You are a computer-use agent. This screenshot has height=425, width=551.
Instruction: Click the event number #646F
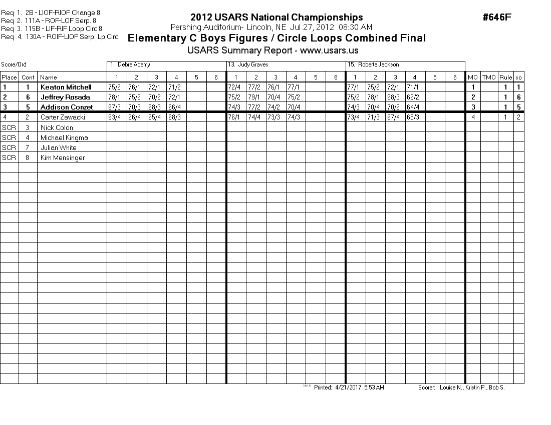pos(497,17)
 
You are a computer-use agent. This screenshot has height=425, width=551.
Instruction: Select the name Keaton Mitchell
pos(66,87)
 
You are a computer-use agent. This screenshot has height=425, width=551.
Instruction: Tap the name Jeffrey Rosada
pos(65,97)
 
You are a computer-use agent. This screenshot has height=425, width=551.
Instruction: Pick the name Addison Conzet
pos(67,107)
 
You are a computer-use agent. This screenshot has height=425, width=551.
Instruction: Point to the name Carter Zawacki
pos(63,117)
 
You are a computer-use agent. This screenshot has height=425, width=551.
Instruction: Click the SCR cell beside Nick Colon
pos(9,127)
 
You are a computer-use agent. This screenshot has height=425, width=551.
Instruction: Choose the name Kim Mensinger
pos(62,157)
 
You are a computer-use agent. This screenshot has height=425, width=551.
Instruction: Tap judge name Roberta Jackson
pos(377,65)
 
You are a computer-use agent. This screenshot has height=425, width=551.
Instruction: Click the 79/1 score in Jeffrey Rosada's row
pos(256,97)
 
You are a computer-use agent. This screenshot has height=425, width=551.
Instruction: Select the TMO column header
pos(489,77)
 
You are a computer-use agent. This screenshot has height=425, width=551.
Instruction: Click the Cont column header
pos(28,77)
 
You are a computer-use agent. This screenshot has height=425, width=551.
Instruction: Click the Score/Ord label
pos(14,65)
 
